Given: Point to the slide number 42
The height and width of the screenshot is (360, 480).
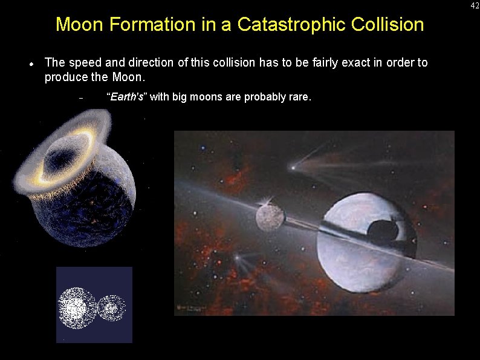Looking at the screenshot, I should pos(475,5).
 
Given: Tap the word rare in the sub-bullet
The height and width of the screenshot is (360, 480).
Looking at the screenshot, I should pos(299,97).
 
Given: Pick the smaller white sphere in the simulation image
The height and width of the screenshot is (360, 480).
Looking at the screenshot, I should pos(111,307).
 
